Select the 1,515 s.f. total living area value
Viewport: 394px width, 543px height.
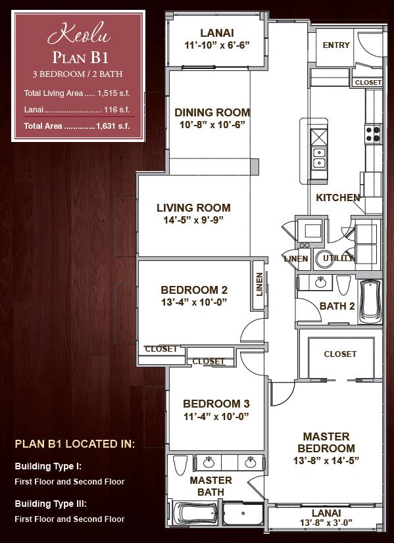pyautogui.click(x=114, y=93)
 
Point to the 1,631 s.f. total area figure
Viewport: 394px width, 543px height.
pyautogui.click(x=113, y=126)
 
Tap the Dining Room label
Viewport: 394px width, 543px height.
pyautogui.click(x=212, y=112)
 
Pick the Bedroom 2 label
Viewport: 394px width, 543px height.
pyautogui.click(x=194, y=289)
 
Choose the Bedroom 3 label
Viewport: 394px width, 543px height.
pyautogui.click(x=216, y=404)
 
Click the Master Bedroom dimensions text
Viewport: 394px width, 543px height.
pyautogui.click(x=326, y=461)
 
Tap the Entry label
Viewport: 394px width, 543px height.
pyautogui.click(x=336, y=45)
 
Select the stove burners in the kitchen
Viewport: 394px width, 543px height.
pyautogui.click(x=372, y=134)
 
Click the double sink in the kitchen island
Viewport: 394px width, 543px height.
pyautogui.click(x=319, y=158)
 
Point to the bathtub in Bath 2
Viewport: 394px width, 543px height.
pyautogui.click(x=370, y=301)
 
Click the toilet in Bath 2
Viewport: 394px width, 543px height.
pyautogui.click(x=343, y=285)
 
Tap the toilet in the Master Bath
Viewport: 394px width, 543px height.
pyautogui.click(x=180, y=465)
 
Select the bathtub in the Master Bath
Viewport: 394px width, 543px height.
pyautogui.click(x=193, y=514)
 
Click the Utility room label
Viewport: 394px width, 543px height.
pyautogui.click(x=338, y=258)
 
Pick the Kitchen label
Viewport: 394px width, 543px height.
pyautogui.click(x=338, y=198)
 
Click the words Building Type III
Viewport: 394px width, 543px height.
pyautogui.click(x=51, y=504)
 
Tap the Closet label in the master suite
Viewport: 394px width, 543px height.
pyautogui.click(x=340, y=354)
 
